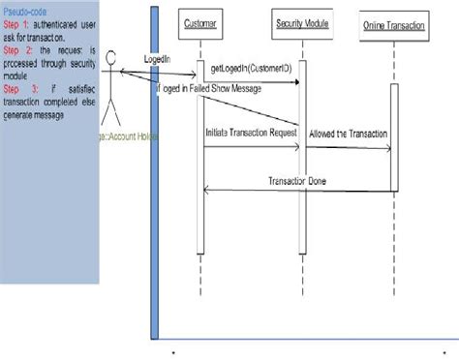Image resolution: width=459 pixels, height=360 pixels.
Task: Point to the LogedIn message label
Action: click(x=157, y=59)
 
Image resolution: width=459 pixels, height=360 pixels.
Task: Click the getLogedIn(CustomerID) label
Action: click(x=251, y=70)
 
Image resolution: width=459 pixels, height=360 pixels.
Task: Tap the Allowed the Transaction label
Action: click(x=349, y=132)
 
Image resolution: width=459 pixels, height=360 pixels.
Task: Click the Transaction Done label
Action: click(x=300, y=181)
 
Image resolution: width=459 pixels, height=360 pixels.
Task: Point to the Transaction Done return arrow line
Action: click(x=300, y=192)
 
